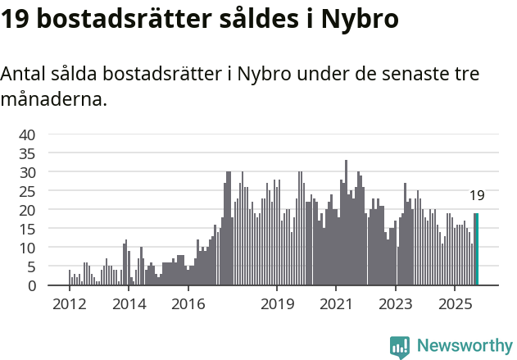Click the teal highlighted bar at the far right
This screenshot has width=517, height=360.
pyautogui.click(x=476, y=249)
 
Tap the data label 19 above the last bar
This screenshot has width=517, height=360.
pyautogui.click(x=477, y=195)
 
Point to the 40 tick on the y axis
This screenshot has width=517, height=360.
pyautogui.click(x=27, y=134)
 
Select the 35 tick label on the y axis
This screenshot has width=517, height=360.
pyautogui.click(x=27, y=153)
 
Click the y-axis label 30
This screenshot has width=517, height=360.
pyautogui.click(x=27, y=172)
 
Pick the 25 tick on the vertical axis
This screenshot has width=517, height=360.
pyautogui.click(x=27, y=191)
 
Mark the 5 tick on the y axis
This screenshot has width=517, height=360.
pyautogui.click(x=31, y=267)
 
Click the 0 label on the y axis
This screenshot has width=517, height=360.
pyautogui.click(x=31, y=285)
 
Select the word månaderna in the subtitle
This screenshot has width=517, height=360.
pyautogui.click(x=52, y=100)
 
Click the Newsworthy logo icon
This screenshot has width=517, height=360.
pyautogui.click(x=400, y=347)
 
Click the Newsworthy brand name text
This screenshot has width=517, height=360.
pyautogui.click(x=465, y=346)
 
